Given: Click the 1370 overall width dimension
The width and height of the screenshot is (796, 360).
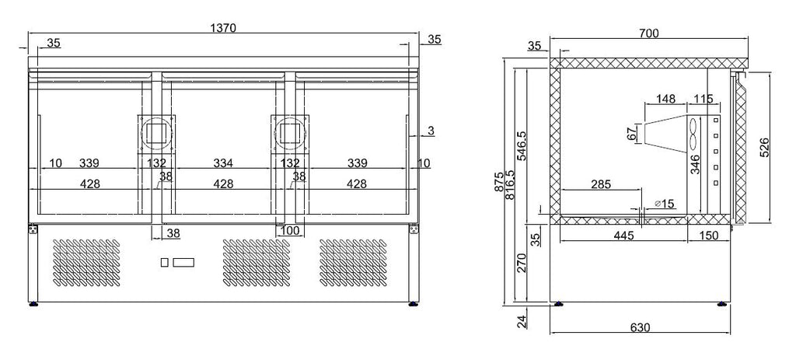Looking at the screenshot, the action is [223, 27].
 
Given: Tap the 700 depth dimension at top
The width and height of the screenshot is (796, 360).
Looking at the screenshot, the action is [649, 33].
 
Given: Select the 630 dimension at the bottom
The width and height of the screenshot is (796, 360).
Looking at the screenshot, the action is [641, 327].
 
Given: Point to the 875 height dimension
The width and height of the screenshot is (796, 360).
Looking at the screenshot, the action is [499, 181].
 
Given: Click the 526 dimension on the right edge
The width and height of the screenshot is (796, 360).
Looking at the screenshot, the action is [765, 147].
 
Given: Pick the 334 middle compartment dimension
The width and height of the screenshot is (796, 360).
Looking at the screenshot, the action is [223, 163].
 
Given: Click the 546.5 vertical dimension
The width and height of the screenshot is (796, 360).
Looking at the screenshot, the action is [522, 145].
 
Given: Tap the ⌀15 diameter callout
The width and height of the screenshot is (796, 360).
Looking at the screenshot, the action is [664, 204].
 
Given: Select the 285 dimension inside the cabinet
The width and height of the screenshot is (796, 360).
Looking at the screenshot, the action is [601, 183].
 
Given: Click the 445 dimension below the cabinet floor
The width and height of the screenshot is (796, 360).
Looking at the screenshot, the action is [623, 236].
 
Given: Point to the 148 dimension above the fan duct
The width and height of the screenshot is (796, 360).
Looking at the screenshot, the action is [665, 99].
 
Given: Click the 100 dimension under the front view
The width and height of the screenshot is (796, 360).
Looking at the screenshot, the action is [290, 231].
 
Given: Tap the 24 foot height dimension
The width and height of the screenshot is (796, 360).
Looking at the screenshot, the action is [522, 321].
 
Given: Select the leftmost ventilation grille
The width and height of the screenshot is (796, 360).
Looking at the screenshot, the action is [87, 262].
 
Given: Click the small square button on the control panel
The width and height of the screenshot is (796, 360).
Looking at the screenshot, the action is [165, 262].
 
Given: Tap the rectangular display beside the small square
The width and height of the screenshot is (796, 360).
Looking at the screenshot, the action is [183, 262].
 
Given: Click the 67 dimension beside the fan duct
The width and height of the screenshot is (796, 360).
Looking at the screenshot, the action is [632, 134].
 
